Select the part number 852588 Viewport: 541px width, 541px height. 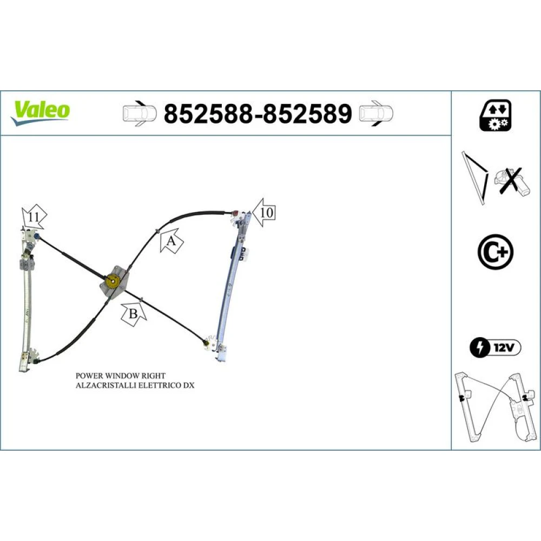tap(208, 114)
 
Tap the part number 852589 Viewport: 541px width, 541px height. tap(308, 114)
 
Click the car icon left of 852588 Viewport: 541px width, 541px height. tap(140, 114)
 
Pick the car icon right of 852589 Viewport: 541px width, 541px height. tap(376, 114)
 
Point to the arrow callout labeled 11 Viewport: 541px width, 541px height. tap(34, 217)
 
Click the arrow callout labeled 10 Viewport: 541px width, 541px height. tap(264, 213)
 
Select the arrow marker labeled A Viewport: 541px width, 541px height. tap(171, 241)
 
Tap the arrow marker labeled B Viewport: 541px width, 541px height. tap(134, 313)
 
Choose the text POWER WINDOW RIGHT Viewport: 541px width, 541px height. tap(121, 375)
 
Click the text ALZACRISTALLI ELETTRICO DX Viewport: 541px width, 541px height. tap(135, 385)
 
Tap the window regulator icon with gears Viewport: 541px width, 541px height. tap(496, 116)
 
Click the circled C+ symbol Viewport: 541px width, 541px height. tap(496, 252)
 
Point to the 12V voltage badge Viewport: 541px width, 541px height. tap(496, 347)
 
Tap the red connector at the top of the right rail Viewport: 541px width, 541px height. tap(236, 213)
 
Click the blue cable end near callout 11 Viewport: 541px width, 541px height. tap(36, 236)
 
